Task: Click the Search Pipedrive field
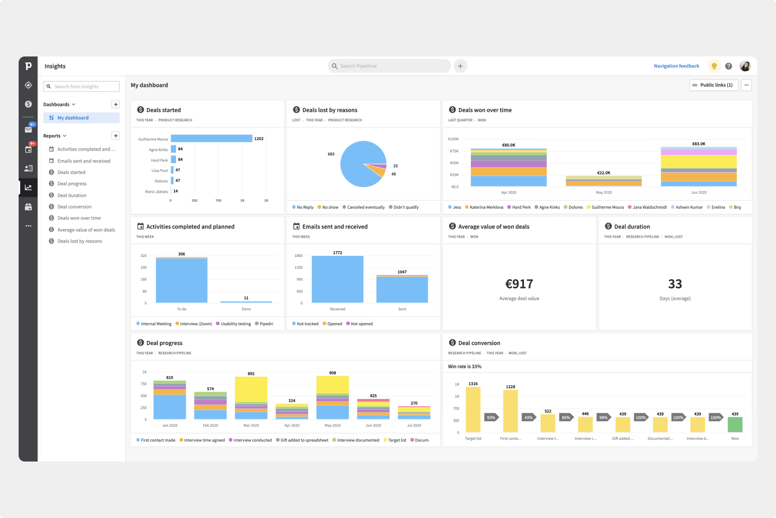pos(389,66)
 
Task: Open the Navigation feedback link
pos(676,66)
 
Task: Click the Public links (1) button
pos(713,85)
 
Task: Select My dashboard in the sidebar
pos(73,118)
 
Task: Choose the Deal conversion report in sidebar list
pos(74,207)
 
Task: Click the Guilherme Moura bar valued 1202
pos(211,139)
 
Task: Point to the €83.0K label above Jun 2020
pos(698,144)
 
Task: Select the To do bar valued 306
pos(182,280)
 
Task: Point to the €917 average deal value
pos(519,284)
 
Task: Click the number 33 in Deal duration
pos(675,284)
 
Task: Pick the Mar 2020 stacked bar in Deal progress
pos(251,397)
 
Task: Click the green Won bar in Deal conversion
pos(735,424)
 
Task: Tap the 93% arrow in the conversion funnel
pos(491,418)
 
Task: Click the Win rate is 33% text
pos(465,367)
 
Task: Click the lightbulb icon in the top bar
pos(714,66)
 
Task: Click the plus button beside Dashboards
pos(116,105)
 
